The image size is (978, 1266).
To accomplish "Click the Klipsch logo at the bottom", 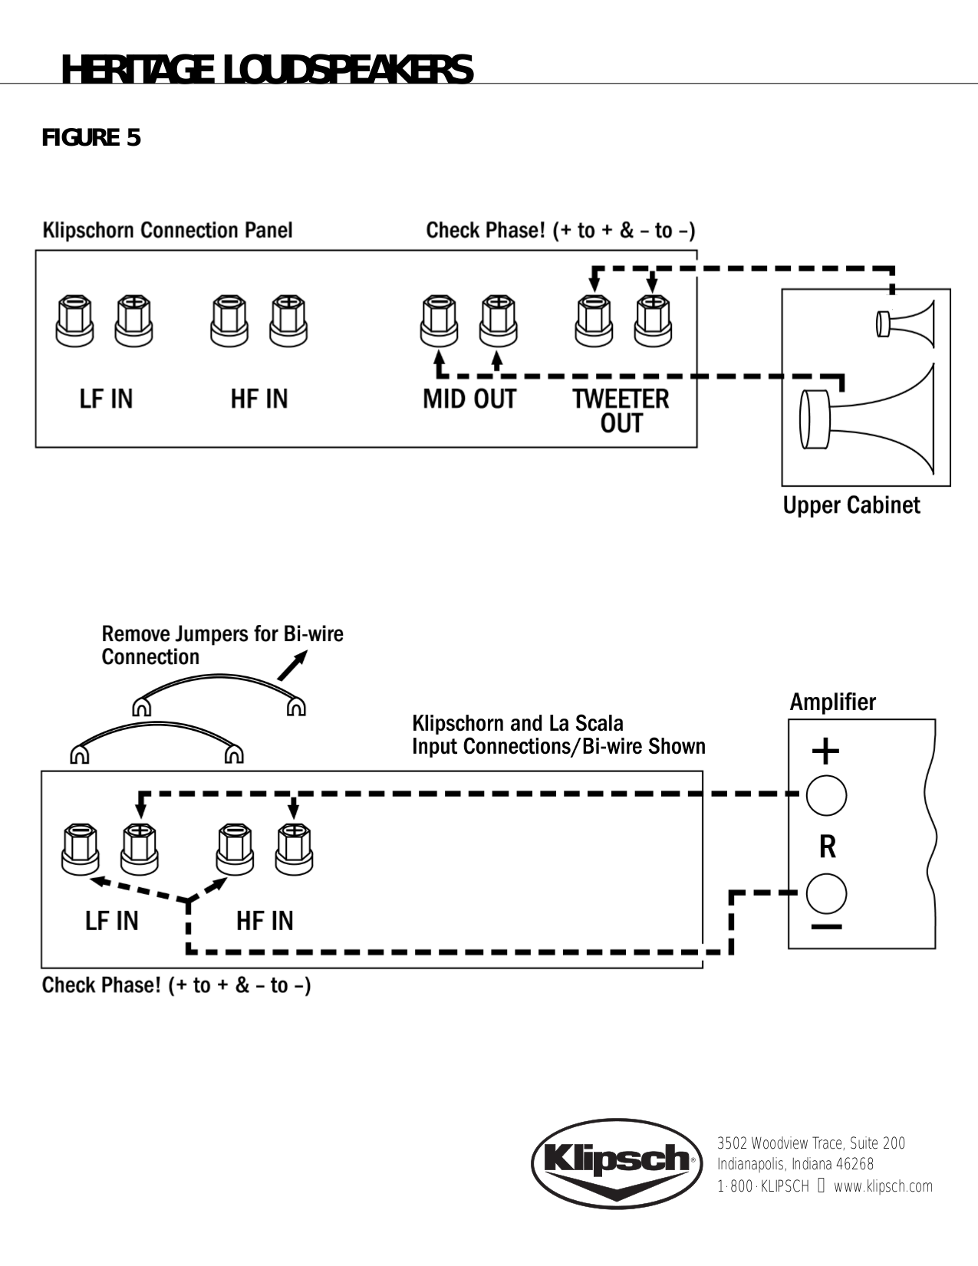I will click(617, 1162).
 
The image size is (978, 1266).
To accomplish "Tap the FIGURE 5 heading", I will click(91, 138).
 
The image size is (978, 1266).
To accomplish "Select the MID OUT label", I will click(469, 399).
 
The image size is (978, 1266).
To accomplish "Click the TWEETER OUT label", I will click(621, 410).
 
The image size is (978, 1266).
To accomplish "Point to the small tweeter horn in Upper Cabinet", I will click(907, 323).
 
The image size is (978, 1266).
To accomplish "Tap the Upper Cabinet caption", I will click(851, 505).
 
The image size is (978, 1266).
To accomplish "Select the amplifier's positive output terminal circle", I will click(826, 795).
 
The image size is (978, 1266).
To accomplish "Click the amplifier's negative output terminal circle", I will click(826, 893).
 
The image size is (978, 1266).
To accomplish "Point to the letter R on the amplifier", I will click(827, 847).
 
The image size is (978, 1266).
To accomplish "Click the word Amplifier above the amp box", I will click(832, 702).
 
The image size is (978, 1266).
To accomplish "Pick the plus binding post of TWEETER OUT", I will click(653, 321).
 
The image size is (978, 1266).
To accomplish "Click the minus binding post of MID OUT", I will click(439, 321).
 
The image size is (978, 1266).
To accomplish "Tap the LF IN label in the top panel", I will click(106, 399).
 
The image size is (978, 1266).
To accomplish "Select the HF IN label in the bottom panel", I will click(265, 920).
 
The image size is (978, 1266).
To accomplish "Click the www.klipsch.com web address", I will click(883, 1186).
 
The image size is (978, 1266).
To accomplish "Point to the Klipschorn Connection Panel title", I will click(167, 230).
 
